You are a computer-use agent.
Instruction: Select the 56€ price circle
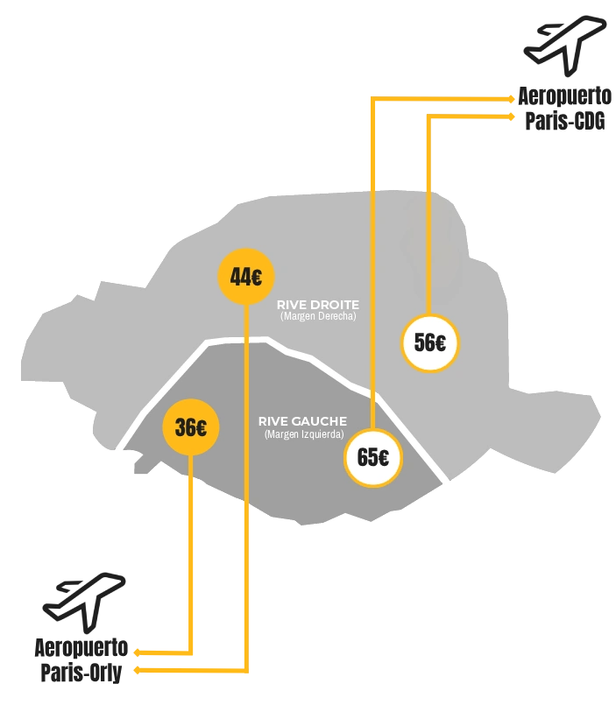coord(430,342)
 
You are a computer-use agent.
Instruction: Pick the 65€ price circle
coord(373,456)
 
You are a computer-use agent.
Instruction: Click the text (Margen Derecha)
coord(318,316)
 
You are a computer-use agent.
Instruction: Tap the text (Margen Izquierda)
coord(304,434)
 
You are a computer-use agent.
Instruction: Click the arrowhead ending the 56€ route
coord(513,116)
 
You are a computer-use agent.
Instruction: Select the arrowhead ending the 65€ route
coord(513,100)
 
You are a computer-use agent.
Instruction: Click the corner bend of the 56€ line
coord(429,116)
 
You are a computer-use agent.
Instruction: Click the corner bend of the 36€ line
coord(190,652)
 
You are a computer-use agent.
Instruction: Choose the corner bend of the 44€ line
coord(246,672)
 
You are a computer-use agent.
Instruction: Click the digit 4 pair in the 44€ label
coord(239,277)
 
